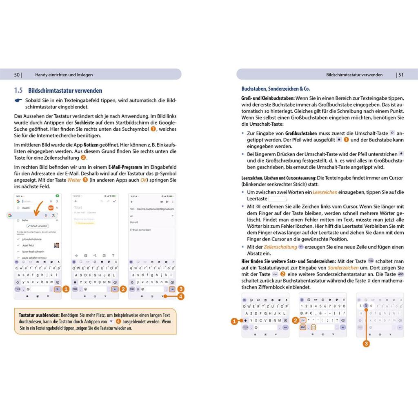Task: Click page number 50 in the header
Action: (x=17, y=75)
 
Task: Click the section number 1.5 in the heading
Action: (x=18, y=91)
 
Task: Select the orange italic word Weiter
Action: (x=74, y=180)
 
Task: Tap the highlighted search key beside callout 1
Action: (x=58, y=289)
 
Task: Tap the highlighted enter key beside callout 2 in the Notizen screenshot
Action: (x=115, y=289)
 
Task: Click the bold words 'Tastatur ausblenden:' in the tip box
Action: (x=39, y=316)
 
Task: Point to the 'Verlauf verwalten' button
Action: (x=38, y=226)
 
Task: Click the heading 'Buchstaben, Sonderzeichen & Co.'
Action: (x=273, y=89)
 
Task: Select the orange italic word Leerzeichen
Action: (x=325, y=192)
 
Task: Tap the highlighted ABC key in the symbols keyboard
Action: (x=302, y=327)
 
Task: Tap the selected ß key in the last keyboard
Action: (x=366, y=306)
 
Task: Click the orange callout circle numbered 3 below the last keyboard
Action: (x=366, y=344)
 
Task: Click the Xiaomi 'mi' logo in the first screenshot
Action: (x=51, y=208)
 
